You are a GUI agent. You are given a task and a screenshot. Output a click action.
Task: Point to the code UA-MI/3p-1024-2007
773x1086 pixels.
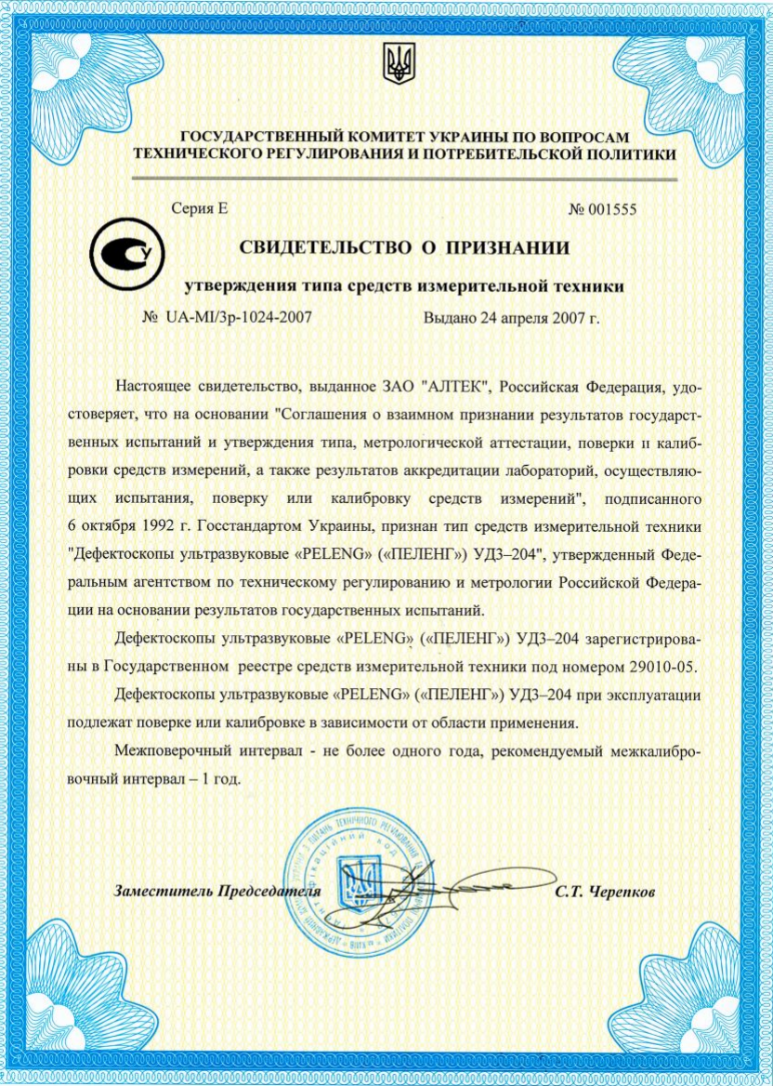(239, 317)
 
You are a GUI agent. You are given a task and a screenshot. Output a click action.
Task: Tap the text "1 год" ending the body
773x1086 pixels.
(219, 778)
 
